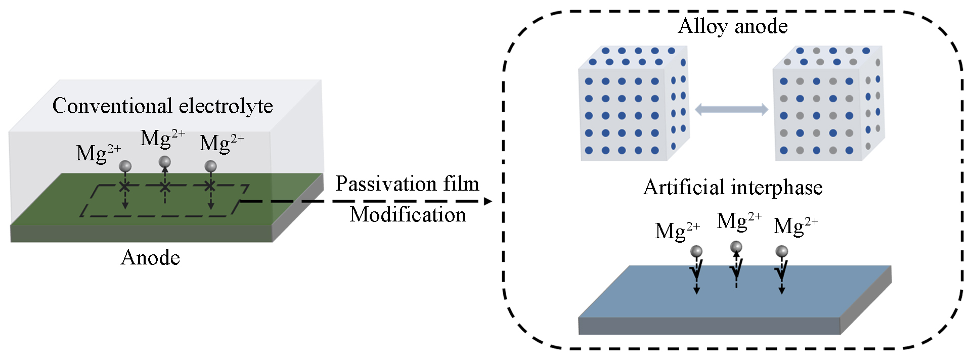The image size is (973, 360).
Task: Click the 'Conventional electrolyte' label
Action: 162,106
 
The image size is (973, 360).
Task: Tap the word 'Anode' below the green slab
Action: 150,258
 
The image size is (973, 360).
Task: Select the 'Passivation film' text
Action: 407,184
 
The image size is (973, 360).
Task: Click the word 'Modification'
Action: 408,214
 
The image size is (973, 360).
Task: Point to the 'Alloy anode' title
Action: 733,26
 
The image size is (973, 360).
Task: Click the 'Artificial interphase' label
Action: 733,188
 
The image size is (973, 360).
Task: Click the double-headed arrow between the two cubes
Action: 731,109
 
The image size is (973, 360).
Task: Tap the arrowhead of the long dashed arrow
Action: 488,201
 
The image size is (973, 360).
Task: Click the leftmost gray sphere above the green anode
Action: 125,166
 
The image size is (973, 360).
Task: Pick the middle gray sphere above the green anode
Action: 164,162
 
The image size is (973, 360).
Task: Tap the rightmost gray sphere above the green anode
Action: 210,166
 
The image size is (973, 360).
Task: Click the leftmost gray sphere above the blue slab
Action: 696,251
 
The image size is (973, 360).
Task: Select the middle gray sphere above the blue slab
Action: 736,247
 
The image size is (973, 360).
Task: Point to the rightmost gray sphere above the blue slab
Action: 781,251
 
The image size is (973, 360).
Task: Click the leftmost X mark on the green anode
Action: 125,187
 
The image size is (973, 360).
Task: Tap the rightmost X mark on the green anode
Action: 210,186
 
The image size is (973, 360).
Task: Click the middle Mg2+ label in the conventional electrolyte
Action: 163,139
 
